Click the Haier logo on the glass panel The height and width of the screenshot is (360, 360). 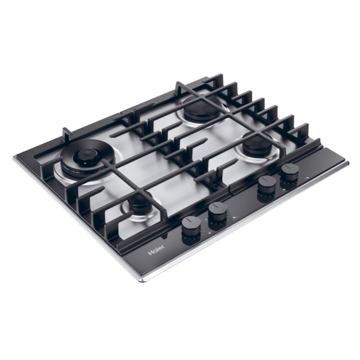pyautogui.click(x=156, y=250)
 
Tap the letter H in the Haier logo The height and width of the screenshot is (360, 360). pyautogui.click(x=150, y=253)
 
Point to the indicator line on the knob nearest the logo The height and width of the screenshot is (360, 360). pyautogui.click(x=190, y=220)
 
